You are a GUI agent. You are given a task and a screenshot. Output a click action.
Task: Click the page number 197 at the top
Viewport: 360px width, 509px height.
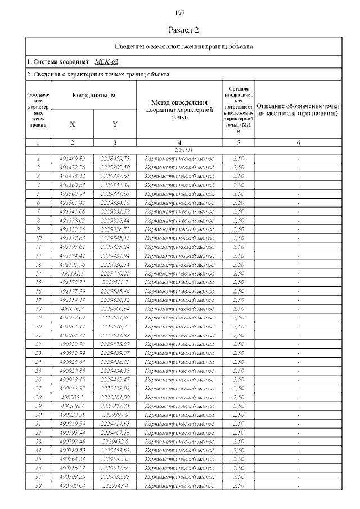tap(180, 13)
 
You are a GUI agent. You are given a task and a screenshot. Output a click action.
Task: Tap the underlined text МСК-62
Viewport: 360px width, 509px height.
tap(106, 61)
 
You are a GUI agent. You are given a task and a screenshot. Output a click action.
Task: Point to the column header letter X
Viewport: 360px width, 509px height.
tap(73, 124)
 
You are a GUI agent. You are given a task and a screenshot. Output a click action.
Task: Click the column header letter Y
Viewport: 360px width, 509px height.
tap(115, 124)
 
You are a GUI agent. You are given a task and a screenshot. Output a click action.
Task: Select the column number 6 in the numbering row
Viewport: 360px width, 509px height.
tap(298, 143)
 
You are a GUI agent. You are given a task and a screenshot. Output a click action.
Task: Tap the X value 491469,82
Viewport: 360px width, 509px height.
tap(73, 159)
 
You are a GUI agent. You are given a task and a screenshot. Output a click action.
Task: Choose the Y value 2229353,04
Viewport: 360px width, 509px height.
tap(115, 246)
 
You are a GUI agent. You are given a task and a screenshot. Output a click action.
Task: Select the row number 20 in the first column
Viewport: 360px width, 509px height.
tap(38, 326)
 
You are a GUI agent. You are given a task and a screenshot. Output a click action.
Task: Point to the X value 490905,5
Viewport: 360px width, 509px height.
tap(73, 397)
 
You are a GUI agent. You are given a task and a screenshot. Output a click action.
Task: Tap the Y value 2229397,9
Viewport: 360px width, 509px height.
tap(115, 415)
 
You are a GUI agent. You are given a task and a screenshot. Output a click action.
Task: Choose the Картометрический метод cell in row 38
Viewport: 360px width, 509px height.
tap(179, 485)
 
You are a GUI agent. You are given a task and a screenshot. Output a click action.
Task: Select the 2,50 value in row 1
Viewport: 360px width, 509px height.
tap(238, 159)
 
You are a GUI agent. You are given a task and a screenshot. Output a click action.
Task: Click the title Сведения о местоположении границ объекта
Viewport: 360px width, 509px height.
tap(184, 46)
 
